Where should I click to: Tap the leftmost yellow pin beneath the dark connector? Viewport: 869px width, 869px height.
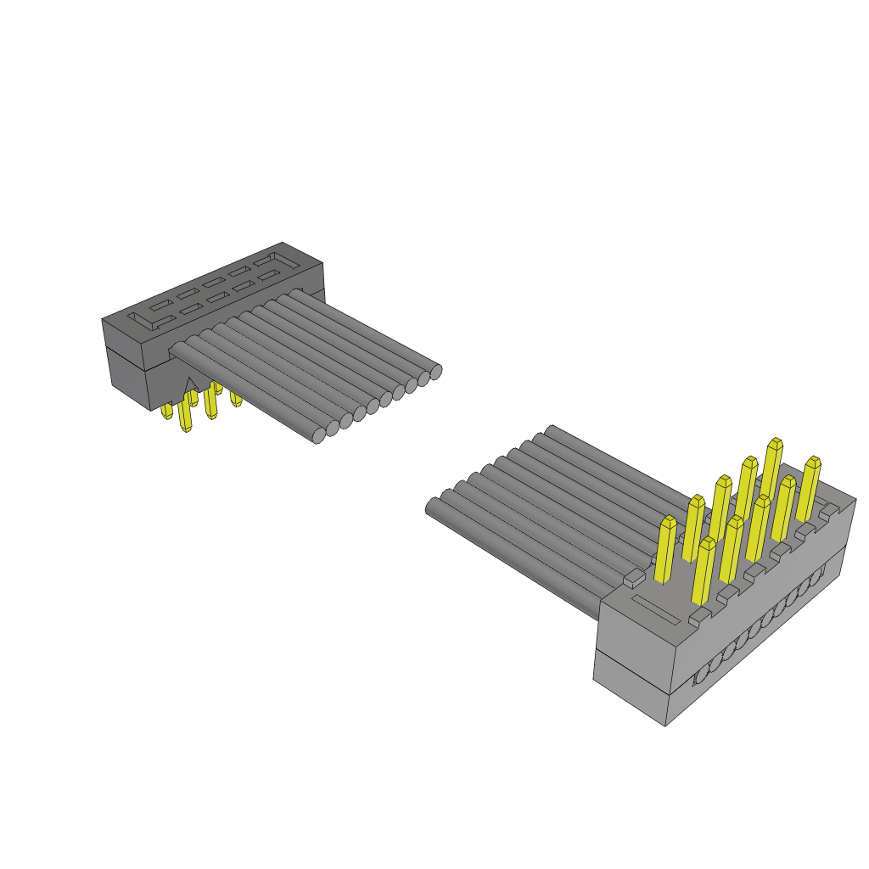(167, 412)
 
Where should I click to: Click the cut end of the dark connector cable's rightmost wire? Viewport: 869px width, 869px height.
(435, 371)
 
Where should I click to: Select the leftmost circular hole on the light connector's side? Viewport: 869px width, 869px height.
(702, 676)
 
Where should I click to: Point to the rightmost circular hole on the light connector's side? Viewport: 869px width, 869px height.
(816, 578)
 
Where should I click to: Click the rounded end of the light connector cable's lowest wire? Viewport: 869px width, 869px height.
(432, 507)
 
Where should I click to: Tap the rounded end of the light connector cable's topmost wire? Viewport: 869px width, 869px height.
(551, 430)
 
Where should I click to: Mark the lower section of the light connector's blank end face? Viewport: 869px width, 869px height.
(629, 684)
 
